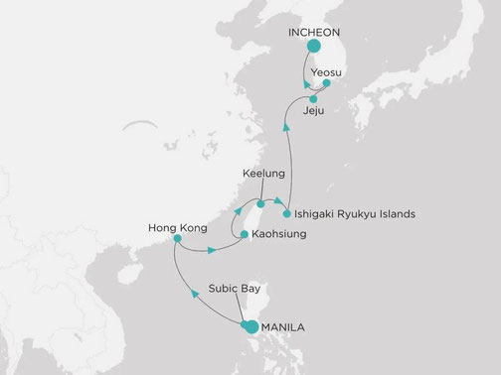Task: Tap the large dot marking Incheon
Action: (314, 47)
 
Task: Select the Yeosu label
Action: (328, 72)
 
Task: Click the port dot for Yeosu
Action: (328, 87)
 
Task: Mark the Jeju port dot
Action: (313, 100)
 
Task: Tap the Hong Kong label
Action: (176, 227)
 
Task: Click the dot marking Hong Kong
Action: (177, 239)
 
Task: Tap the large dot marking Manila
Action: (251, 327)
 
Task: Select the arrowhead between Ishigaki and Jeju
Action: (286, 127)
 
